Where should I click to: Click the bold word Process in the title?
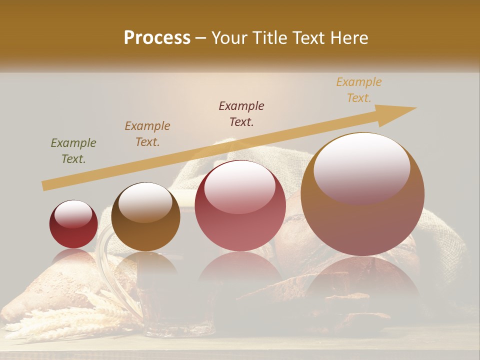[157, 38]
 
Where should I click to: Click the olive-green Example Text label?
[73, 151]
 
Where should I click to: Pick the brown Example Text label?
[147, 134]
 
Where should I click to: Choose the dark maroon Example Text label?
[241, 114]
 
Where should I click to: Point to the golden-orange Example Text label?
[359, 90]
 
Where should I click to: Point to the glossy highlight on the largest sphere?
[361, 167]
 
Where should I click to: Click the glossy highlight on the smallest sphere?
[73, 214]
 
